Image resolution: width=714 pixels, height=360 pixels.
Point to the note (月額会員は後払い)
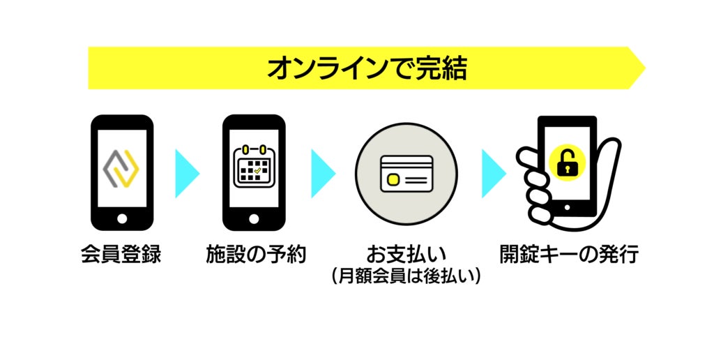(406, 277)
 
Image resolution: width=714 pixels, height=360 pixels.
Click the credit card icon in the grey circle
(406, 172)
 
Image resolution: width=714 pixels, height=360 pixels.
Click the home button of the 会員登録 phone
(122, 218)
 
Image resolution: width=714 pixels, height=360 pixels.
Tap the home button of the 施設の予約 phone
(254, 218)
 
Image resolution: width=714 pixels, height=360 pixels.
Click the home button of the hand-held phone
(566, 207)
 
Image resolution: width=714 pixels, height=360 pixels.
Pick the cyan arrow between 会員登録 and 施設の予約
(187, 172)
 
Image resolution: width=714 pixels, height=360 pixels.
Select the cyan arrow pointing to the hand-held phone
(493, 172)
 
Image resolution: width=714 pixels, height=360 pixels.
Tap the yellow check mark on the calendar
(259, 170)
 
